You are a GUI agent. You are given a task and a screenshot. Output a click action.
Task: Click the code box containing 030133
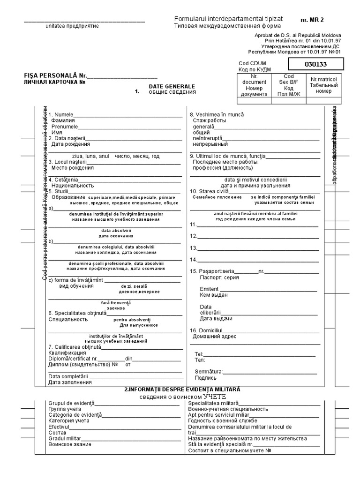point(315,64)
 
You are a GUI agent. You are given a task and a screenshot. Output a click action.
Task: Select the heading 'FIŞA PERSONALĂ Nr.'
point(56,75)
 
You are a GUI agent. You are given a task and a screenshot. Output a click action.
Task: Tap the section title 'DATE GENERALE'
point(172,87)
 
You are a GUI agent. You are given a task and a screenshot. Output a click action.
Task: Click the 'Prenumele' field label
point(65,127)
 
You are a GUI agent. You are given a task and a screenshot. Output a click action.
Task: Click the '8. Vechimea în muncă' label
point(217,115)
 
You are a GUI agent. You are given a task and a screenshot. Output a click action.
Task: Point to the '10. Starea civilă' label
point(209,191)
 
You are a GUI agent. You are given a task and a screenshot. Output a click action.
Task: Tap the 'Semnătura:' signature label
point(209,371)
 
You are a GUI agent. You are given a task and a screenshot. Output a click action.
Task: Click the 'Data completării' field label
point(68,376)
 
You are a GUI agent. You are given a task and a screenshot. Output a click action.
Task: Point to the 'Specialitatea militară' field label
point(213,403)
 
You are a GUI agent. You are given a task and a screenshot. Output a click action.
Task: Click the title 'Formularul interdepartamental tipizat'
point(228,18)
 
